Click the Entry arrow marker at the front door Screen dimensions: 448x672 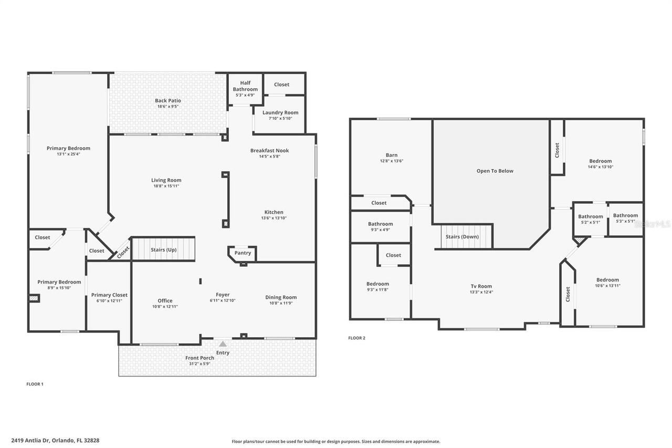223,343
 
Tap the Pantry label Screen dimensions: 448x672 243,253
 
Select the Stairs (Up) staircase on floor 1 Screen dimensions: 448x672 163,249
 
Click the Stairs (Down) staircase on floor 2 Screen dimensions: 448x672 462,236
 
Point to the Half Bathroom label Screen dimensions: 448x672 245,83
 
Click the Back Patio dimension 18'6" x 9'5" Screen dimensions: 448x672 168,107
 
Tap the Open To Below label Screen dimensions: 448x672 495,171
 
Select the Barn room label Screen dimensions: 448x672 391,155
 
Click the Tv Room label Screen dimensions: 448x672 481,286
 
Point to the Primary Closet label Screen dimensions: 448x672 109,295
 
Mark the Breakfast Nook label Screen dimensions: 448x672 269,150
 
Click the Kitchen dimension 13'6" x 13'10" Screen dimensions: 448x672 274,218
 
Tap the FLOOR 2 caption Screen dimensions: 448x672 356,338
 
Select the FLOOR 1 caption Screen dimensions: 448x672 35,384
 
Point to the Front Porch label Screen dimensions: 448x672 199,358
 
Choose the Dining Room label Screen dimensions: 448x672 281,297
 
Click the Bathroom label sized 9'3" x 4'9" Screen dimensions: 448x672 380,224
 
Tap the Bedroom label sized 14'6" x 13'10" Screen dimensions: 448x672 600,161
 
